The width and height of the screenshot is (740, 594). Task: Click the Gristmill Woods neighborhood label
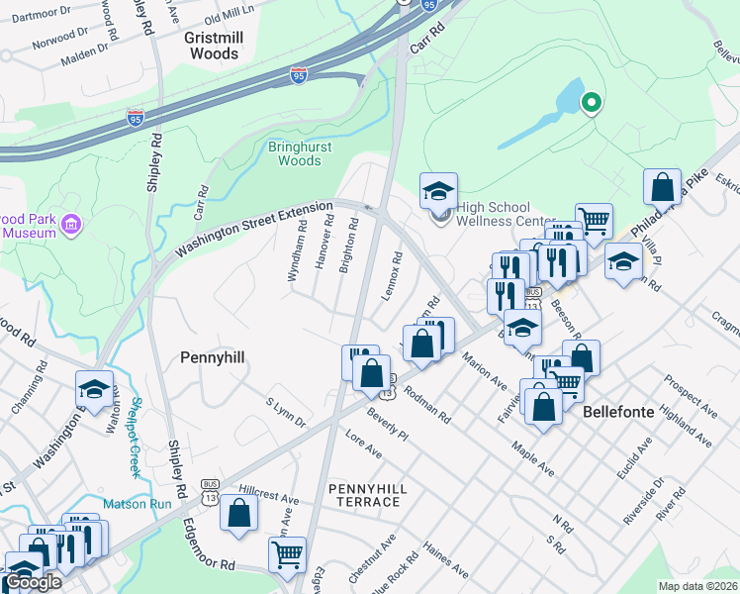click(x=212, y=46)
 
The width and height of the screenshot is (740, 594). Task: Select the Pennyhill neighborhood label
click(x=213, y=356)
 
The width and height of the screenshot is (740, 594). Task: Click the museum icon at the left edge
click(x=70, y=226)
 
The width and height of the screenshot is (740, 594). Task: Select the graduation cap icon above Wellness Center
click(x=438, y=191)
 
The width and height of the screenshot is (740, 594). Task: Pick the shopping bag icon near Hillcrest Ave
click(x=238, y=513)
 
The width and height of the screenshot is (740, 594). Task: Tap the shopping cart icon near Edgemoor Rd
click(x=287, y=554)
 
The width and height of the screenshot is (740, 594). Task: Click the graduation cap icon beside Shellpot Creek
click(x=94, y=389)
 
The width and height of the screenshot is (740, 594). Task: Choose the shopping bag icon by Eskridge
click(x=662, y=186)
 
